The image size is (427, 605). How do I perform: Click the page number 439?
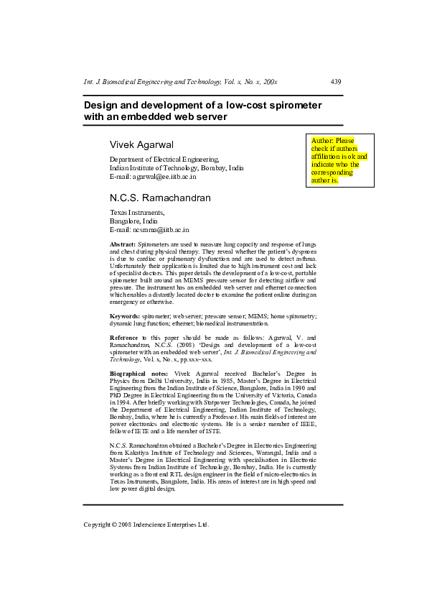[336, 82]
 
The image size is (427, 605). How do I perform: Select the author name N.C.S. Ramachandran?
[160, 198]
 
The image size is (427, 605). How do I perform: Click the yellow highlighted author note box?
[339, 160]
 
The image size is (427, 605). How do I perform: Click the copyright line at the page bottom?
[146, 525]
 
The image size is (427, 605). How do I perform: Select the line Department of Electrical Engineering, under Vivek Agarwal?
[164, 159]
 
